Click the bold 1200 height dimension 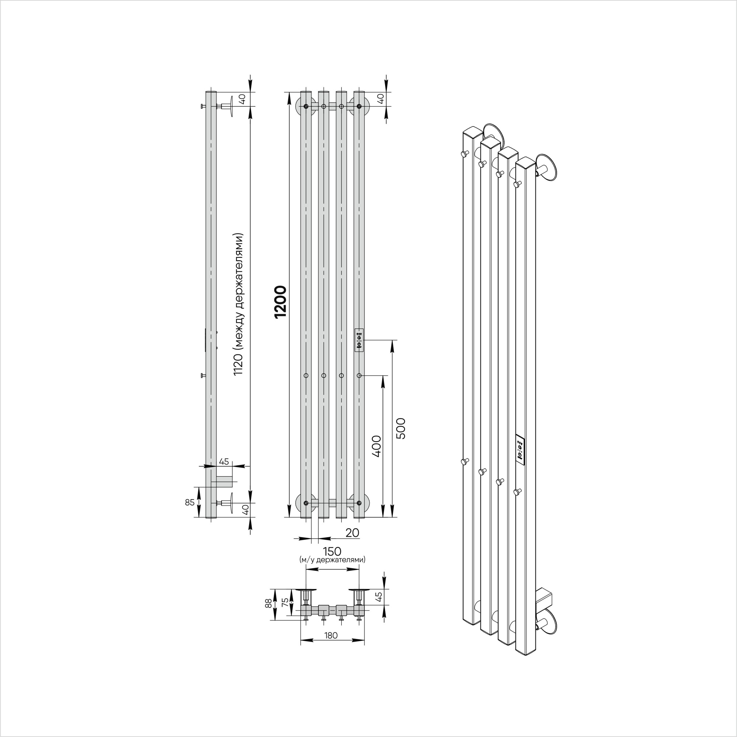coord(280,302)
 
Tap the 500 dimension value coord(401,429)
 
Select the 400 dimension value coord(376,446)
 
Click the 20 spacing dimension coord(352,533)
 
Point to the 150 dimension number coord(332,552)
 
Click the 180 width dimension coord(331,636)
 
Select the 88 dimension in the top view coord(269,604)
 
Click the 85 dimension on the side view coord(189,503)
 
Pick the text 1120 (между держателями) coord(238,304)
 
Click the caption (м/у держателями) coord(332,560)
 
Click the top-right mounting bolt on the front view coord(359,106)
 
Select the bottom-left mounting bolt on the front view coord(306,503)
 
